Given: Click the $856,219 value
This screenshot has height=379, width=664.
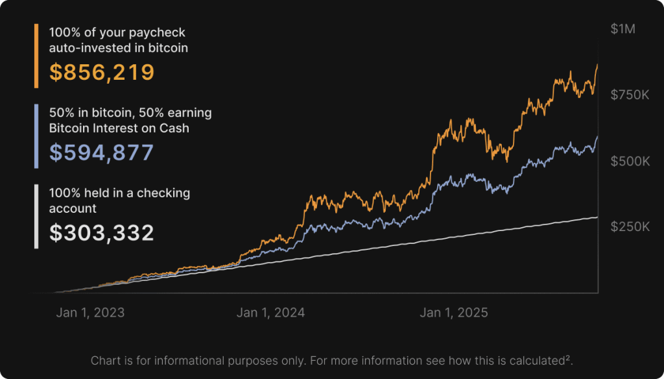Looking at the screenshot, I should click(102, 72).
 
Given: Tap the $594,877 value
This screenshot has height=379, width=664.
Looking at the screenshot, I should click(101, 153).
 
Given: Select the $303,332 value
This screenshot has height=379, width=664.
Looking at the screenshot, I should click(101, 233).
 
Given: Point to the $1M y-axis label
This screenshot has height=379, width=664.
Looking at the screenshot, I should click(623, 29).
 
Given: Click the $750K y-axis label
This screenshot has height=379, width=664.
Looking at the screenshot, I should click(630, 95).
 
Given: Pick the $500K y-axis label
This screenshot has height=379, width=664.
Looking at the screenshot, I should click(630, 161).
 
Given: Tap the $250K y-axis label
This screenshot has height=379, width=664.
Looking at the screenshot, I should click(630, 226).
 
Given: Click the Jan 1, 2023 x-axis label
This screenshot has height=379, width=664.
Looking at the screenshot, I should click(90, 313).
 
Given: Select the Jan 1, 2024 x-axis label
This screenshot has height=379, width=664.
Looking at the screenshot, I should click(270, 313).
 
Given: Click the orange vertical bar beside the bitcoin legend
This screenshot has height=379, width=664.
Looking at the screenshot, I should click(36, 56).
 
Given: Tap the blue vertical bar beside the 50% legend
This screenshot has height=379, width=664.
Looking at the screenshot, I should click(36, 136).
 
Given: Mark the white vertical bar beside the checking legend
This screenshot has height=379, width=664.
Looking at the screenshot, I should click(36, 217).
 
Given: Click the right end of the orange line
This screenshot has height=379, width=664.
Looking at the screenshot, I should click(597, 65).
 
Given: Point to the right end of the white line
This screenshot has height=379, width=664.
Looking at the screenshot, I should click(597, 217).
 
